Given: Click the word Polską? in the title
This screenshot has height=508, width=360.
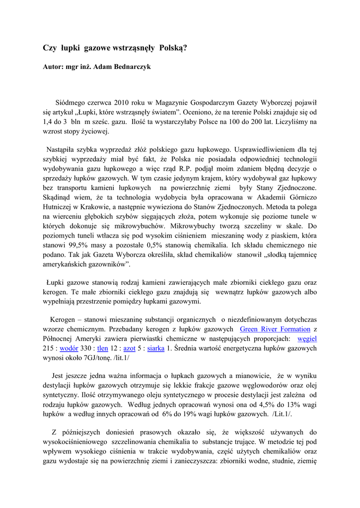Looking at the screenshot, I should pyautogui.click(x=173, y=48).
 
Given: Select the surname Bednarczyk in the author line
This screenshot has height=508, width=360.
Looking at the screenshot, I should pyautogui.click(x=130, y=66).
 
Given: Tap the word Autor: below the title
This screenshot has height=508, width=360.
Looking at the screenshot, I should pyautogui.click(x=53, y=66).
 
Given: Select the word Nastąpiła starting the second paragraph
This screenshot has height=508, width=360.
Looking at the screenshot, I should pyautogui.click(x=63, y=149).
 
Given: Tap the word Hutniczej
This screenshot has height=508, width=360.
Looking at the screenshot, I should pyautogui.click(x=58, y=207).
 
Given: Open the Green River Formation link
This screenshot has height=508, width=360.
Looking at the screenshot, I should pyautogui.click(x=275, y=329).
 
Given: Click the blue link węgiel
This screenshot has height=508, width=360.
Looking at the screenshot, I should pyautogui.click(x=307, y=338).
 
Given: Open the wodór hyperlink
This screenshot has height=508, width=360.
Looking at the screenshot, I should pyautogui.click(x=69, y=348).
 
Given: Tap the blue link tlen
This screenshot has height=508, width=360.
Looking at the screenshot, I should pyautogui.click(x=102, y=348).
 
